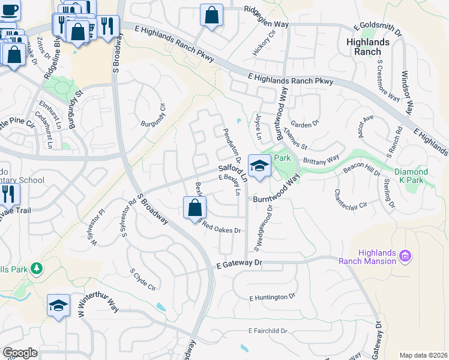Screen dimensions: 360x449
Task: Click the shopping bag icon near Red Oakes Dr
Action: (194, 209)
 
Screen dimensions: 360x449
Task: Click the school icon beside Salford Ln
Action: (259, 166)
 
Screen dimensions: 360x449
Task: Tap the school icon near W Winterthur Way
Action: (58, 305)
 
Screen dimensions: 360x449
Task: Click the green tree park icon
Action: (37, 268)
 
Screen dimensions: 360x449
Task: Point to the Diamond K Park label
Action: (412, 176)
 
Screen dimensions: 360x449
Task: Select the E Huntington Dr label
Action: (273, 296)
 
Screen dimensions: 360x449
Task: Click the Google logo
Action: (20, 353)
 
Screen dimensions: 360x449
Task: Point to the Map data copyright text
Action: (423, 355)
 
